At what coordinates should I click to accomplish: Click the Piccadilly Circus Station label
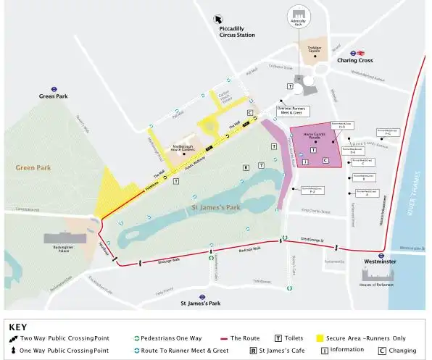click(x=237, y=31)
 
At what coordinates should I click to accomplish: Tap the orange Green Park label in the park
click(x=32, y=167)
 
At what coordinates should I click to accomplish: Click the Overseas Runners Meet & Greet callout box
click(x=296, y=110)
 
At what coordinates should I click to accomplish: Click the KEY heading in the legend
click(x=18, y=327)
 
